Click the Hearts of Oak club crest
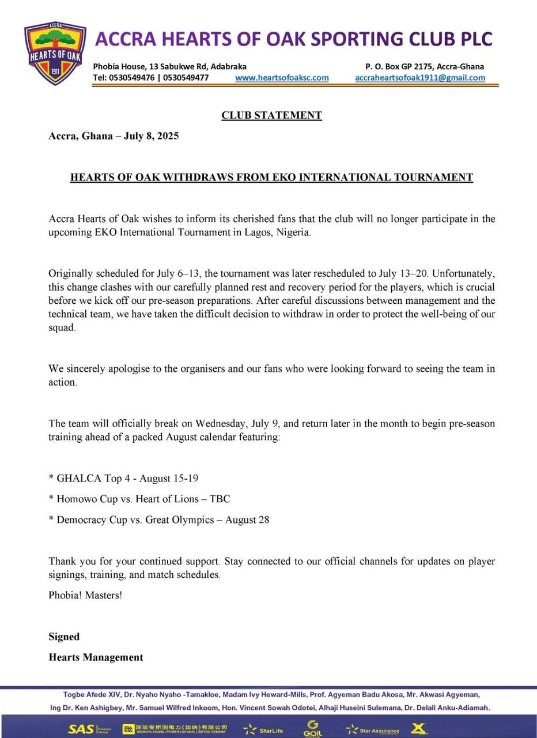pos(55,54)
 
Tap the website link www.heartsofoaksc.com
pos(282,77)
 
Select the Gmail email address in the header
pos(420,77)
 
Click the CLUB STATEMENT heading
pos(271,115)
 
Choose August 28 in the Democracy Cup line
pos(247,519)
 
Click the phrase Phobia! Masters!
pos(85,595)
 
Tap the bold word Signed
pos(64,637)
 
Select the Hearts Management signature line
pos(96,657)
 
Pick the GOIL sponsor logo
pos(312,728)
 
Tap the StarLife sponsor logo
pos(263,729)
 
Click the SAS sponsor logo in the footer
pos(81,729)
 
